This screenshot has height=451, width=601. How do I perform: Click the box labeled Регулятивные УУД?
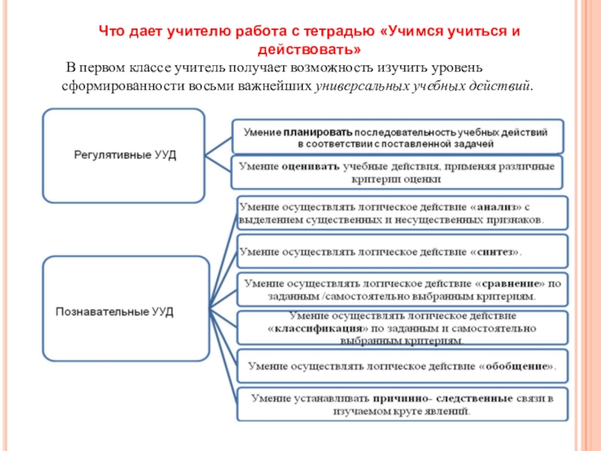pyautogui.click(x=123, y=156)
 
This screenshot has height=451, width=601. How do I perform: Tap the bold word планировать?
pyautogui.click(x=318, y=131)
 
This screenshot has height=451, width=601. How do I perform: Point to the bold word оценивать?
pyautogui.click(x=310, y=166)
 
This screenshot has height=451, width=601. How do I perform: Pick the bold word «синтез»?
pyautogui.click(x=496, y=252)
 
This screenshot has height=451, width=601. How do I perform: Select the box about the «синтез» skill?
pyautogui.click(x=401, y=252)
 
